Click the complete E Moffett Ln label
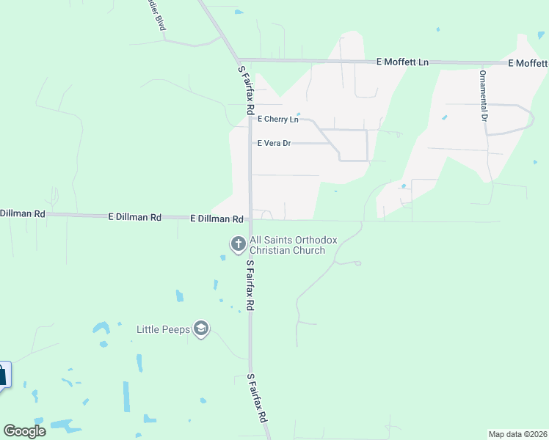pyautogui.click(x=401, y=62)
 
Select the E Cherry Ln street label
pyautogui.click(x=277, y=119)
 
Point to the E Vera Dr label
pyautogui.click(x=273, y=143)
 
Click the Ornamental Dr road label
pyautogui.click(x=483, y=95)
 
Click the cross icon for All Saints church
pyautogui.click(x=238, y=243)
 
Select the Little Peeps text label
pyautogui.click(x=164, y=329)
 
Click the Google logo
pyautogui.click(x=24, y=431)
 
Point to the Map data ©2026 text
pyautogui.click(x=517, y=434)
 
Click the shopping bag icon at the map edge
pyautogui.click(x=2, y=375)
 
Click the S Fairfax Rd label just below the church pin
pyautogui.click(x=250, y=285)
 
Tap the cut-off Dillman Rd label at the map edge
pyautogui.click(x=23, y=213)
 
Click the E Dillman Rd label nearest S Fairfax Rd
pyautogui.click(x=217, y=219)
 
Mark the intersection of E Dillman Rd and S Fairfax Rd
pyautogui.click(x=250, y=219)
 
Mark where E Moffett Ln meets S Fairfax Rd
pyautogui.click(x=238, y=59)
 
